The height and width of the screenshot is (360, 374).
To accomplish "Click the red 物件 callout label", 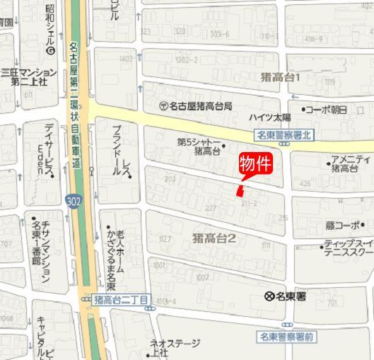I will click(x=256, y=164).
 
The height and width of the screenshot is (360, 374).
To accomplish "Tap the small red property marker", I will click(x=240, y=190).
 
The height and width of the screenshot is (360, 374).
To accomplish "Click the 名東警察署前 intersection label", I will click(x=286, y=336).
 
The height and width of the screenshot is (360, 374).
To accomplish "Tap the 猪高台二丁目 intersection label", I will click(x=121, y=300).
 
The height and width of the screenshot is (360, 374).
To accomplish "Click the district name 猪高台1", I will click(x=281, y=76).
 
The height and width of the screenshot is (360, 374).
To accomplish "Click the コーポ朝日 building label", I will click(x=325, y=110).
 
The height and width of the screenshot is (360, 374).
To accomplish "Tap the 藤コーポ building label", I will click(x=343, y=226).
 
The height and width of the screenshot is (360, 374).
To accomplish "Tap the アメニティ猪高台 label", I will click(x=351, y=163).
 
